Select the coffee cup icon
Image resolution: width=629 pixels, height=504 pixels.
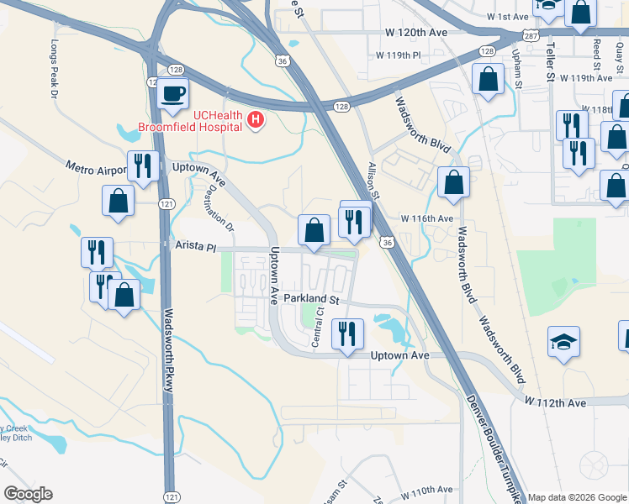tap(173, 94)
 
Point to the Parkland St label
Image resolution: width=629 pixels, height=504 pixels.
tap(310, 299)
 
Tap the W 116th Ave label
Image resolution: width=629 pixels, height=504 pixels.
tap(427, 218)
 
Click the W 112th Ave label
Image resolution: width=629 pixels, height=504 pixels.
tap(556, 403)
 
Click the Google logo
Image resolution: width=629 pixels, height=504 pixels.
tap(29, 494)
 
